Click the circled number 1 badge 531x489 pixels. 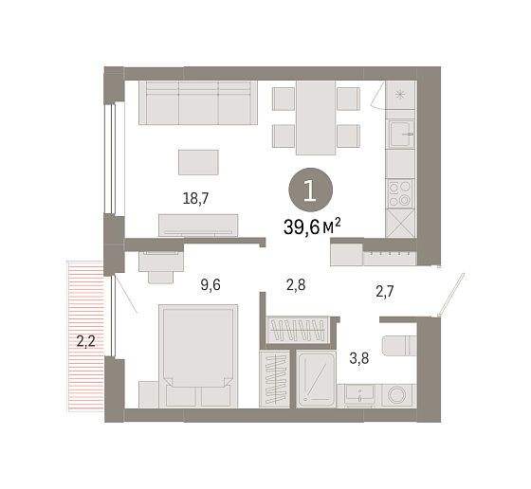[x=310, y=190]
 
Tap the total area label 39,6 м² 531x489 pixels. [x=312, y=226]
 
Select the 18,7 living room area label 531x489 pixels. [x=195, y=198]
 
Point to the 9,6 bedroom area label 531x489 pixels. [x=211, y=285]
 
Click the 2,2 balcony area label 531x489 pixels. [x=85, y=341]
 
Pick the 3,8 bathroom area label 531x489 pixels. [x=359, y=358]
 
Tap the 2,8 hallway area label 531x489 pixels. [x=296, y=285]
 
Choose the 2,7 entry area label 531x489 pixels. [x=385, y=291]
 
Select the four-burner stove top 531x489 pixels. [x=400, y=193]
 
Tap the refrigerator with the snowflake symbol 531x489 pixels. [x=400, y=95]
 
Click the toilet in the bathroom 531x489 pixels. [x=399, y=346]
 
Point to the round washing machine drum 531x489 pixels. [x=397, y=395]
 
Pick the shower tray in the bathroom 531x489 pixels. [x=316, y=379]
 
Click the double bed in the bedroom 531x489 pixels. [x=198, y=355]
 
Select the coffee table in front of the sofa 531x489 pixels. [x=198, y=162]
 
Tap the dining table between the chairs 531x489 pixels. [x=316, y=118]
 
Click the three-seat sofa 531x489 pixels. [x=198, y=102]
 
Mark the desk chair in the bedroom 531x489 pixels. [x=160, y=276]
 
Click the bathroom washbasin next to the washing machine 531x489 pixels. [x=359, y=394]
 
